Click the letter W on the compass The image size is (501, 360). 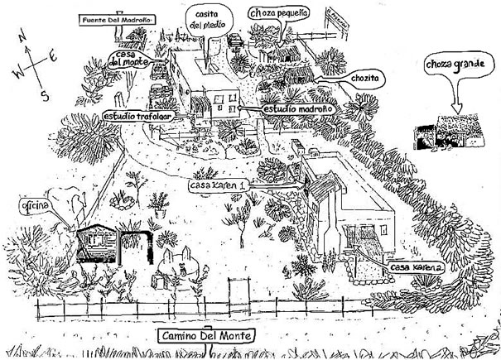coord(17,73)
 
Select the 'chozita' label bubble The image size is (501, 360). coord(364,78)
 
